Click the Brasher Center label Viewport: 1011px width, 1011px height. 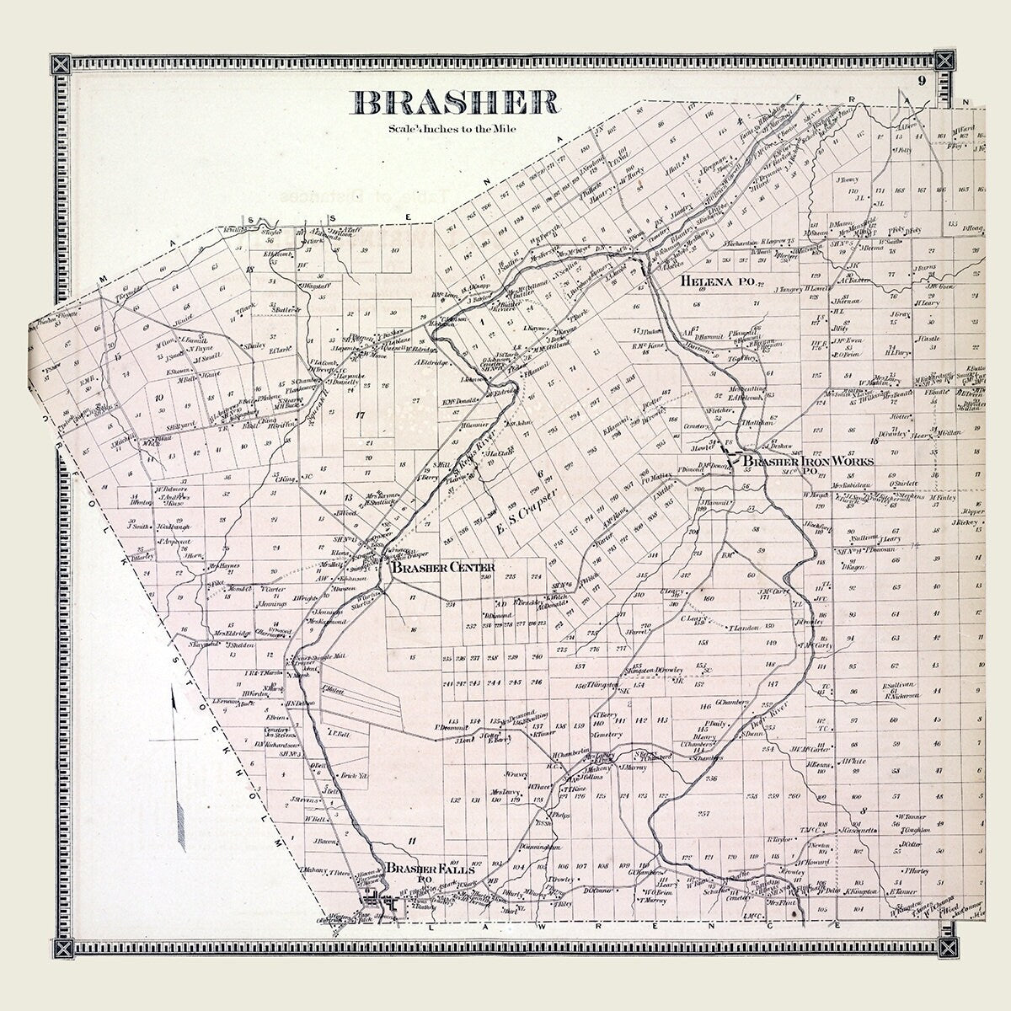pos(441,567)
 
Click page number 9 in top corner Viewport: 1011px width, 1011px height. pos(923,81)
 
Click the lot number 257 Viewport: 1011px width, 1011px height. pos(704,814)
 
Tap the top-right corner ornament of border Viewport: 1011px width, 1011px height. pos(946,63)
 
